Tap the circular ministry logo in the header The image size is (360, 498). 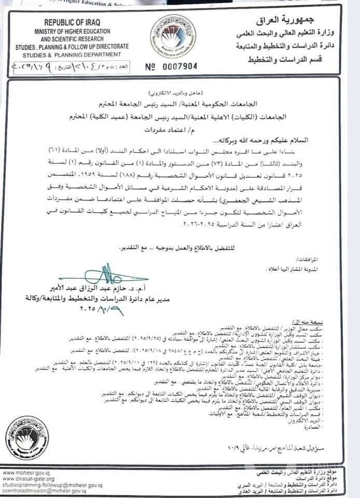click(x=173, y=36)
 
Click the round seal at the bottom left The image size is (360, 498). click(x=26, y=437)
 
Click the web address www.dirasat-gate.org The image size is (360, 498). click(x=29, y=479)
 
